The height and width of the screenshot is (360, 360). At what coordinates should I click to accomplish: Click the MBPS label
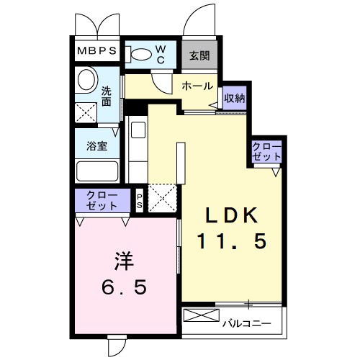pos(97,53)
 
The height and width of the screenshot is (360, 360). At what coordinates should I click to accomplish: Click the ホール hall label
pos(197,86)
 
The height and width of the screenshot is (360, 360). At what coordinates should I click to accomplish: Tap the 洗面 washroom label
pos(107,96)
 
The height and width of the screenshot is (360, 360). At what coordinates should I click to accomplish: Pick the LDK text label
pos(233,215)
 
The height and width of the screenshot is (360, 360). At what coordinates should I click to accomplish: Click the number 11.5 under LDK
pos(233,242)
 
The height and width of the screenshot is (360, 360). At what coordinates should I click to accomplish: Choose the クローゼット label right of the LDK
pos(266,152)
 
